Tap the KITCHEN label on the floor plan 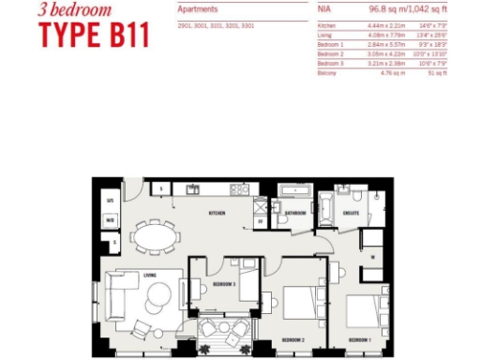point(217,214)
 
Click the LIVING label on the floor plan point(147,275)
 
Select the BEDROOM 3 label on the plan point(223,282)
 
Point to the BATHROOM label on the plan point(296,214)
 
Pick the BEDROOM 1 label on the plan point(360,338)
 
